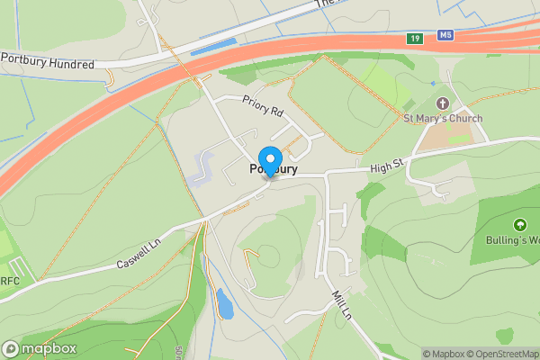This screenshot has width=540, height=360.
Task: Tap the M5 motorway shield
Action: (445, 36)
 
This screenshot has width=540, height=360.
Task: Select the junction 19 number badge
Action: (414, 39)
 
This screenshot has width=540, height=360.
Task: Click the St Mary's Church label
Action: (442, 119)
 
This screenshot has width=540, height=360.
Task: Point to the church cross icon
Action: (442, 104)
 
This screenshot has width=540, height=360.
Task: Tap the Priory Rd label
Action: (262, 108)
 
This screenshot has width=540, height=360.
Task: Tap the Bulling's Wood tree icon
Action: (519, 224)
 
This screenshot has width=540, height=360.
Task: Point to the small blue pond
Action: (224, 304)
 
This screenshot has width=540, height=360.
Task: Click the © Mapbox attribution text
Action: (444, 354)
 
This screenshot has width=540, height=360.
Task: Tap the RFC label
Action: (10, 281)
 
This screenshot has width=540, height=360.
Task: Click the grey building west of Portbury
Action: (202, 167)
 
